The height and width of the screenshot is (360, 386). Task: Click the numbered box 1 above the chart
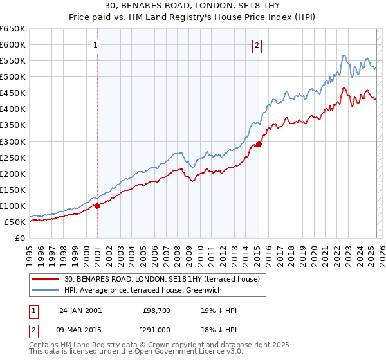(95, 45)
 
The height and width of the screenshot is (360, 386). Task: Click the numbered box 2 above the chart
(257, 45)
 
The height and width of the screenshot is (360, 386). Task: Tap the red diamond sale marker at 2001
(98, 206)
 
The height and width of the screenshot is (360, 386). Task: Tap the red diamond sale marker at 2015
(259, 144)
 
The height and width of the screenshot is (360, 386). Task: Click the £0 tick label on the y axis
(21, 238)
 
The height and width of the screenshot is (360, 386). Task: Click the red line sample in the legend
(46, 279)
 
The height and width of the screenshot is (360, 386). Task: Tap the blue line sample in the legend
(46, 290)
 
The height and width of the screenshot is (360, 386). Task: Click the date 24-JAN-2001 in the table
(80, 310)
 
